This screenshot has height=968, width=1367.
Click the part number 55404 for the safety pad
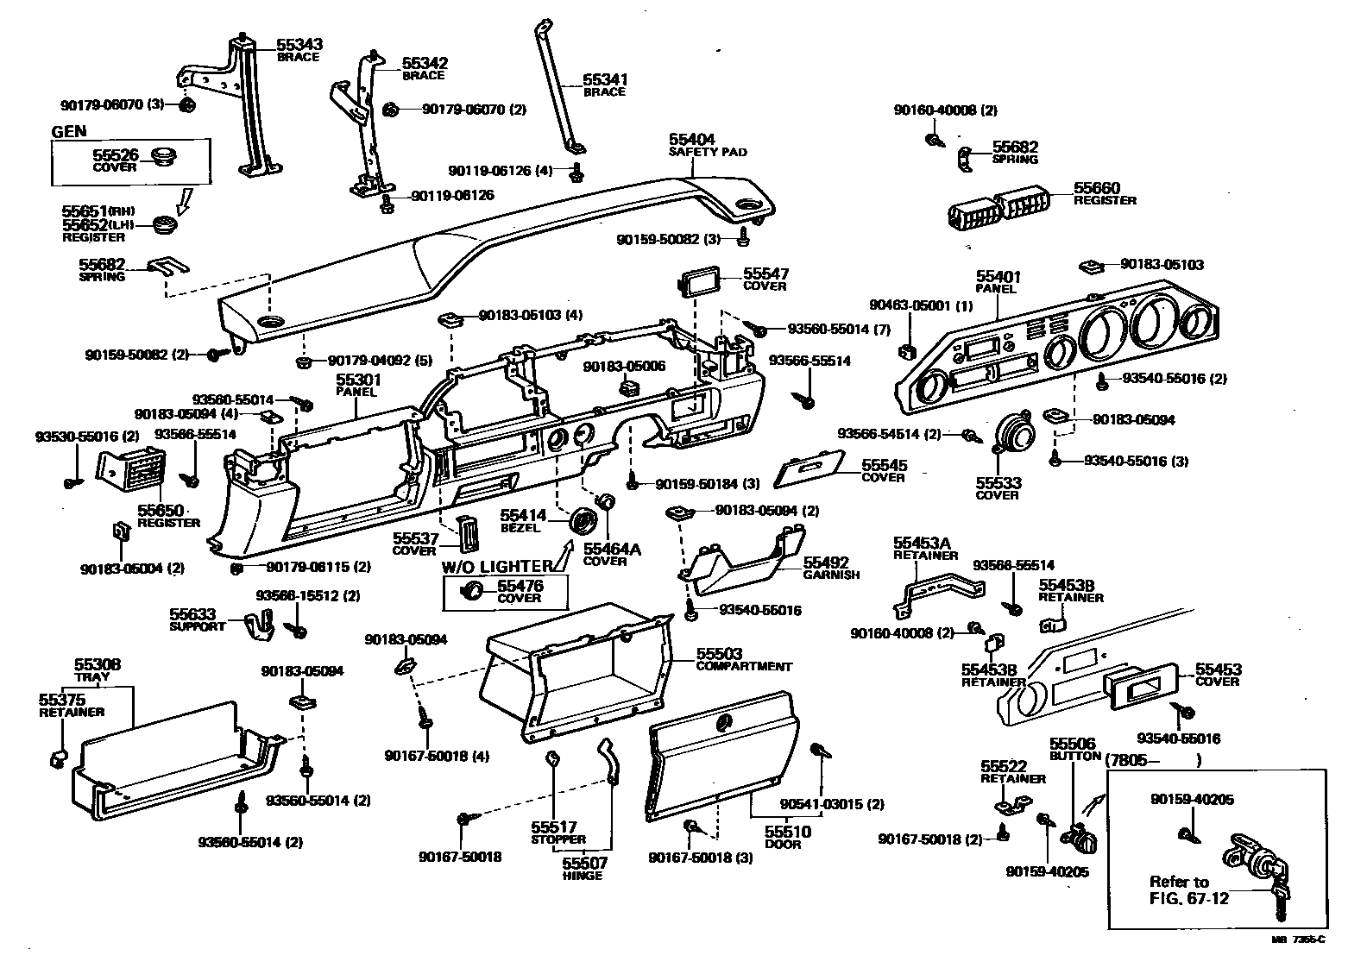[x=691, y=139]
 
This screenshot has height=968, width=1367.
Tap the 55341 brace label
[x=604, y=79]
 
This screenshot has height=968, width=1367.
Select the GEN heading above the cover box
[x=69, y=131]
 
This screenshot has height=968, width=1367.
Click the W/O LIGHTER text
[x=496, y=566]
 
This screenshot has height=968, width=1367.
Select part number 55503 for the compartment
[x=719, y=654]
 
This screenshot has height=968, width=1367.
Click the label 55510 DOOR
[x=783, y=837]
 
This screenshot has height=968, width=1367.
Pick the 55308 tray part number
[x=97, y=664]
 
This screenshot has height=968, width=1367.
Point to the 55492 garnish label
[x=826, y=563]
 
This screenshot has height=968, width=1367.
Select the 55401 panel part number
[x=998, y=276]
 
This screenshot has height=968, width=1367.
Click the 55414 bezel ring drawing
[x=586, y=521]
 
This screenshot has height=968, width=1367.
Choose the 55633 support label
[x=192, y=614]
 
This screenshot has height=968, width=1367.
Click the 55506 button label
[x=1072, y=743]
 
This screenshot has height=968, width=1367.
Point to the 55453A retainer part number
[x=921, y=543]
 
